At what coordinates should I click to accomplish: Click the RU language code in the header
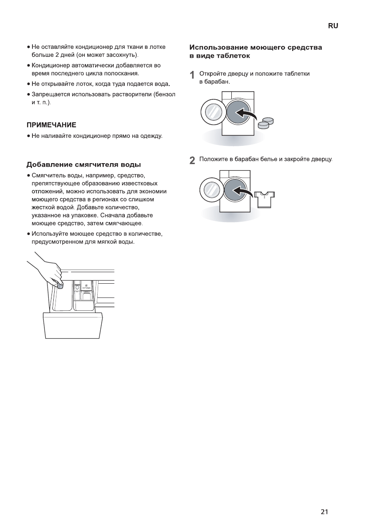(333, 26)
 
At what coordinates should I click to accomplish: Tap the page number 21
(324, 512)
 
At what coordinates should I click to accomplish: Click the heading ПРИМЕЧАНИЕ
(52, 125)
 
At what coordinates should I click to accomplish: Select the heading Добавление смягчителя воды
(84, 165)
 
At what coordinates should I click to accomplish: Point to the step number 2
(192, 160)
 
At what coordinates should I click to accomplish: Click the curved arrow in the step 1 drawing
(247, 114)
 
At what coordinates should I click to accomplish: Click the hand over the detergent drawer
(47, 270)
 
